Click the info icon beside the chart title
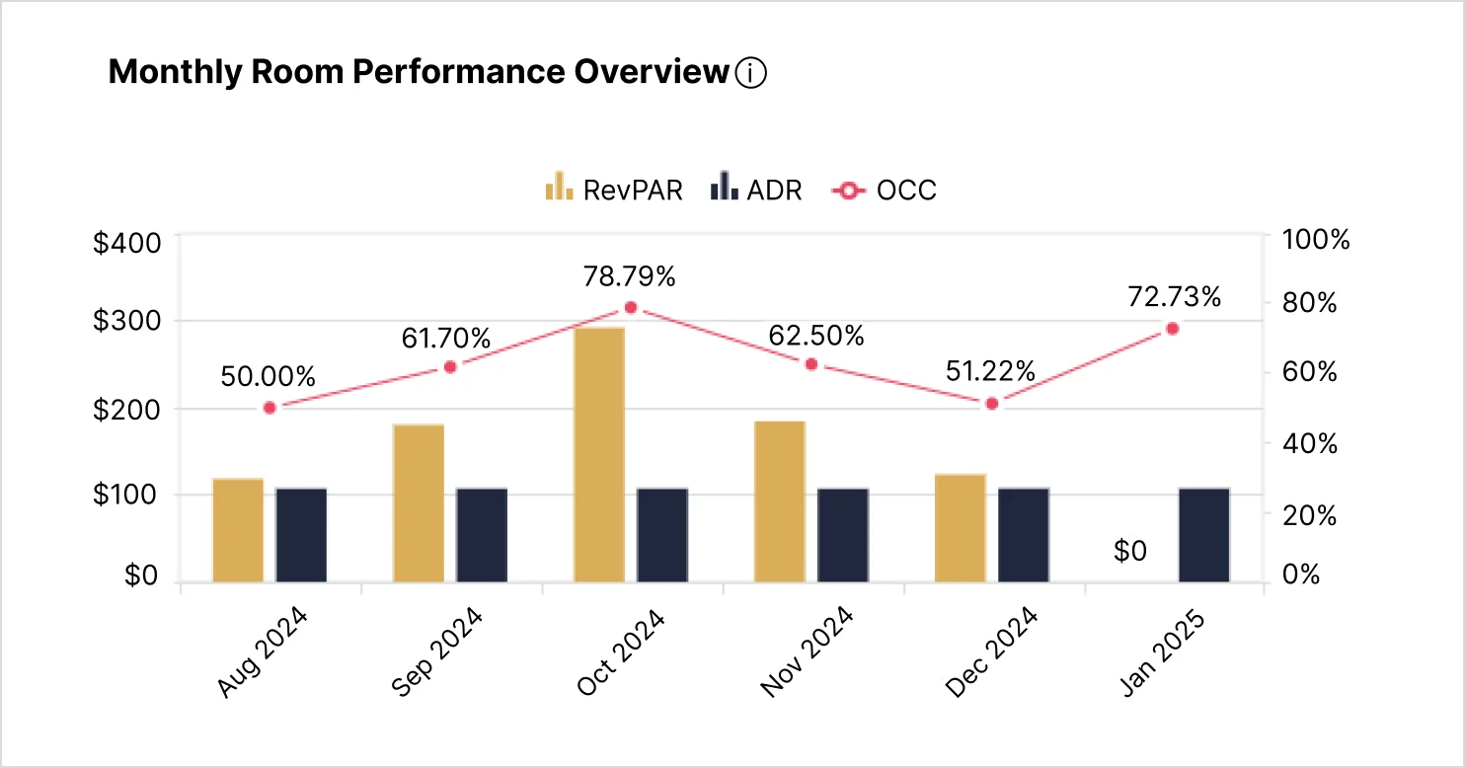pyautogui.click(x=751, y=73)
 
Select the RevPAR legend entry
pyautogui.click(x=613, y=190)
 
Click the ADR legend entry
pyautogui.click(x=756, y=190)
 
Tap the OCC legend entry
pyautogui.click(x=884, y=190)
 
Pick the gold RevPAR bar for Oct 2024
pyautogui.click(x=599, y=454)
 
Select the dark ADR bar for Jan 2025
pyautogui.click(x=1204, y=534)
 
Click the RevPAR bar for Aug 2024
pyautogui.click(x=238, y=530)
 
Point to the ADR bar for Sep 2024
pyautogui.click(x=482, y=534)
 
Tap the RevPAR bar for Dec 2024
pyautogui.click(x=961, y=528)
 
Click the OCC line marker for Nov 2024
pyautogui.click(x=811, y=364)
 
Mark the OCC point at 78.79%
pyautogui.click(x=631, y=307)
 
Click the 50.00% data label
pyautogui.click(x=268, y=376)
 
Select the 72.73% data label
pyautogui.click(x=1174, y=296)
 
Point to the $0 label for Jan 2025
pyautogui.click(x=1130, y=552)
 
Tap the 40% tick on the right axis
pyautogui.click(x=1308, y=443)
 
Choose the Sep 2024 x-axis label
pyautogui.click(x=437, y=653)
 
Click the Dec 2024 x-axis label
pyautogui.click(x=991, y=653)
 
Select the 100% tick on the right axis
pyautogui.click(x=1315, y=240)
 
